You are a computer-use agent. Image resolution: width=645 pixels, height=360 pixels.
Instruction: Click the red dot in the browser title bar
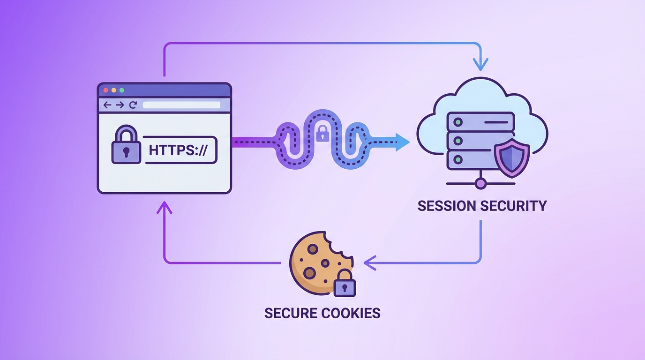click(x=105, y=90)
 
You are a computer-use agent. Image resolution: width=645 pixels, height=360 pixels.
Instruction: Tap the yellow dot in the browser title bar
click(x=113, y=90)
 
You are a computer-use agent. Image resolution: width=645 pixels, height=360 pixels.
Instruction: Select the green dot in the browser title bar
click(x=121, y=90)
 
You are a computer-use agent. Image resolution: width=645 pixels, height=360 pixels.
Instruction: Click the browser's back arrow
click(x=107, y=105)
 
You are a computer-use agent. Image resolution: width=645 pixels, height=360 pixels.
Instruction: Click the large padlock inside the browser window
click(x=126, y=146)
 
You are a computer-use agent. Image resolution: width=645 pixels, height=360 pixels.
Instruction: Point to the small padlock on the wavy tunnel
click(x=322, y=134)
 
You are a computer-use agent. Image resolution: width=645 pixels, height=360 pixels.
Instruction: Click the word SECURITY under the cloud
click(x=515, y=206)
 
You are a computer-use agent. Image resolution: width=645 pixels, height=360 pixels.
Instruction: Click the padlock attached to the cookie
click(x=345, y=283)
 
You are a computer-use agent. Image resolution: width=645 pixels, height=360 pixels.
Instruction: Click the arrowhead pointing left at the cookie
click(x=369, y=263)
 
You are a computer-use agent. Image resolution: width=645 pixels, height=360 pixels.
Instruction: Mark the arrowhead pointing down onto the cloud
click(x=481, y=64)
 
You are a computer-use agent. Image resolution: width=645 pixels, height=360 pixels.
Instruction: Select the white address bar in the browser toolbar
click(x=181, y=105)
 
